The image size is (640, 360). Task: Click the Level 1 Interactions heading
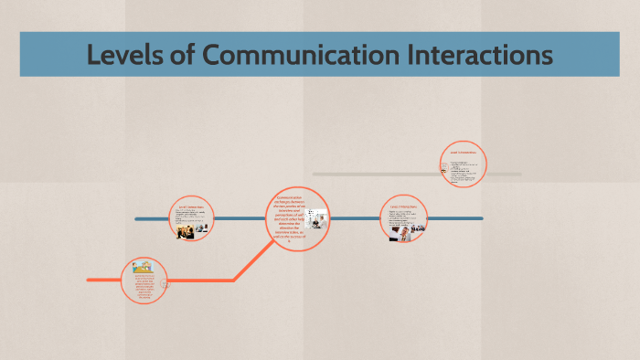[x=192, y=208]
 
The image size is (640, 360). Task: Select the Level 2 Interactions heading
[x=403, y=207]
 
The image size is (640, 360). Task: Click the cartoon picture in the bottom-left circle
[x=142, y=270]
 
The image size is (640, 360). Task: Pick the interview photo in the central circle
[x=316, y=222]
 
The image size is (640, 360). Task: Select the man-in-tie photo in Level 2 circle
[x=402, y=232]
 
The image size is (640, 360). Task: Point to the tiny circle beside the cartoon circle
[x=165, y=286]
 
